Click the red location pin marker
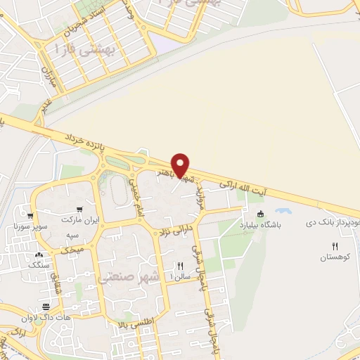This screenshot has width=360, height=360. [x=181, y=165]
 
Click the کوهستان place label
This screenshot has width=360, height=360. [x=335, y=258]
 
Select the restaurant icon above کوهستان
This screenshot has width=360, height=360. [x=335, y=246]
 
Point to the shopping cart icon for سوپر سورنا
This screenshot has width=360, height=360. [x=30, y=216]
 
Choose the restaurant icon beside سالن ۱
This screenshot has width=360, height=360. [x=180, y=266]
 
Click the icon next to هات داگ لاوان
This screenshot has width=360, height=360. [x=46, y=307]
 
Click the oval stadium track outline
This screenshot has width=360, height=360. [x=117, y=188]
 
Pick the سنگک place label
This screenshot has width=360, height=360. [x=39, y=264]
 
